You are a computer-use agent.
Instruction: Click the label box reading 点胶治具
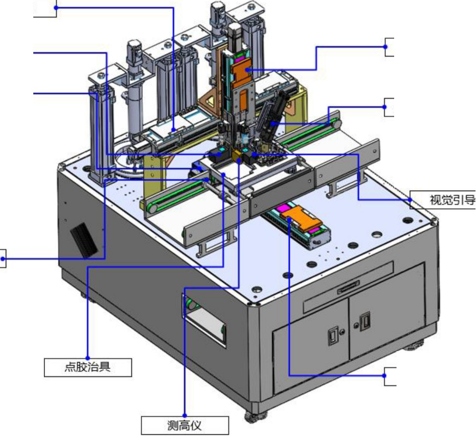(88, 368)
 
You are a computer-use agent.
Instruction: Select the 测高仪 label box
(185, 426)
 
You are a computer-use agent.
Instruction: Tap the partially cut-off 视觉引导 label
(443, 200)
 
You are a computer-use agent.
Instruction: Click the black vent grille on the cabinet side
(84, 241)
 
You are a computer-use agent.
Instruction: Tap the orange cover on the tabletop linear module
(300, 217)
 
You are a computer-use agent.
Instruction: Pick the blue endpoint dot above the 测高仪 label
(185, 416)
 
